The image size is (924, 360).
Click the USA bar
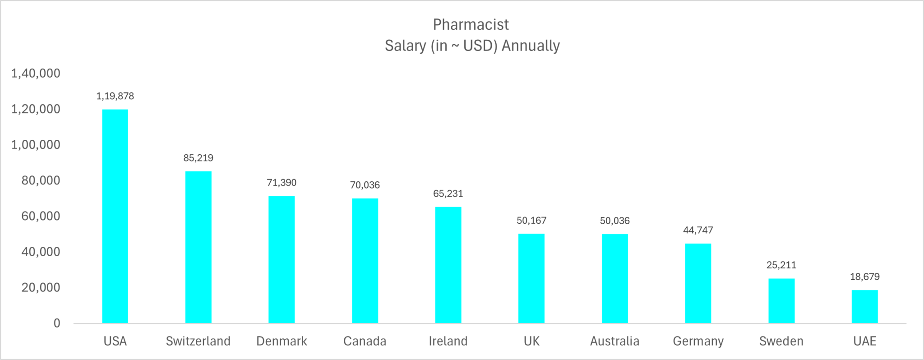(115, 217)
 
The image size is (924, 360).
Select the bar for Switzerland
(198, 247)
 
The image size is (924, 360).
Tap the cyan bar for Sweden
(781, 301)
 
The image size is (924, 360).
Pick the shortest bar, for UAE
(864, 307)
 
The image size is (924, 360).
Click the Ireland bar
(448, 265)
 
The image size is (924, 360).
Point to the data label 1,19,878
(115, 96)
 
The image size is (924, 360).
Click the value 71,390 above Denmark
(282, 183)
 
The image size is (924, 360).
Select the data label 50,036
(614, 221)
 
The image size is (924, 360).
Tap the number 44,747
(698, 230)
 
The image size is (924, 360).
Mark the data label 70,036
(365, 185)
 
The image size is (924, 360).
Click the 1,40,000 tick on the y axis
(36, 74)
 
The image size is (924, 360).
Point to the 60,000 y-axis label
(41, 216)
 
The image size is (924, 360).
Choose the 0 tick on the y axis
(57, 323)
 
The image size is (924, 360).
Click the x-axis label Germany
(698, 341)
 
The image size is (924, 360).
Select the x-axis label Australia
(614, 341)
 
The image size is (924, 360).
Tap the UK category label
(531, 341)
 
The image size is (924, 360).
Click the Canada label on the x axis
(365, 341)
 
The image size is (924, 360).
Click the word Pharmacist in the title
(471, 24)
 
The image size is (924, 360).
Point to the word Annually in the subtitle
(531, 46)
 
